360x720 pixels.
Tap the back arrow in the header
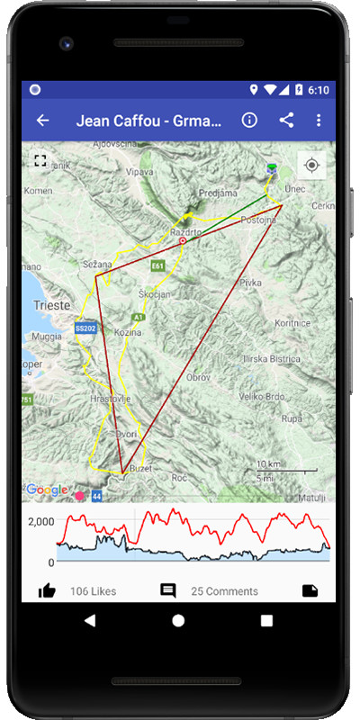[x=42, y=121]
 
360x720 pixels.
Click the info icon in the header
[x=250, y=121]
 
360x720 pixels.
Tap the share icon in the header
[x=286, y=121]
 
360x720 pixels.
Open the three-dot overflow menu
[x=319, y=121]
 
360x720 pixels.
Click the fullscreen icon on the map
[x=40, y=160]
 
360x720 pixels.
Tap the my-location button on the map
[x=311, y=166]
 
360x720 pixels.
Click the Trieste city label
[x=49, y=306]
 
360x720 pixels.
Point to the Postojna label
[x=257, y=219]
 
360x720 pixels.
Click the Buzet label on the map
[x=139, y=469]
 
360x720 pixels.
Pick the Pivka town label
[x=249, y=283]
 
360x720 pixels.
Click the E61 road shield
[x=157, y=266]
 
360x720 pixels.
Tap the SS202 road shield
[x=85, y=328]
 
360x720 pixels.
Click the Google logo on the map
[x=46, y=490]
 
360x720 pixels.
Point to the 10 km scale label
[x=268, y=464]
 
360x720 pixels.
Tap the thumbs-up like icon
[x=47, y=590]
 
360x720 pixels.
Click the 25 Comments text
[x=224, y=591]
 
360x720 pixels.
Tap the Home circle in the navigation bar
[x=178, y=621]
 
